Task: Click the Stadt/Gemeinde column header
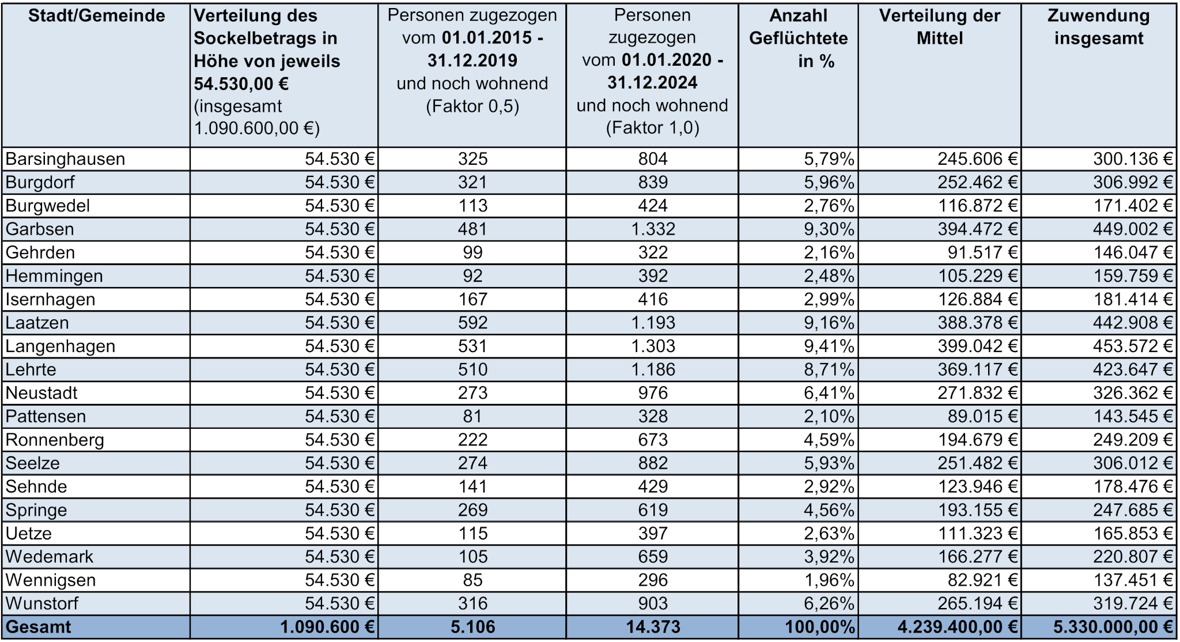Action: [x=96, y=16]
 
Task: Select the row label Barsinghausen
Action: [x=65, y=159]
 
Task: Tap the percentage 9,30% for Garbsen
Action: [x=829, y=229]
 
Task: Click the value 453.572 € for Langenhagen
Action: [x=1133, y=346]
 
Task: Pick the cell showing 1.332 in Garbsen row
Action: [x=653, y=229]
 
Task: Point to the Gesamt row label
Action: [x=38, y=627]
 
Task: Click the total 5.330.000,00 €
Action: [x=1113, y=627]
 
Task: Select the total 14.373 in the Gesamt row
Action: [x=653, y=627]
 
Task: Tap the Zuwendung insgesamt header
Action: [x=1098, y=27]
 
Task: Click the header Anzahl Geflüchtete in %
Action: [x=798, y=38]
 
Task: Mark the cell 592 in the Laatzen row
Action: [x=472, y=323]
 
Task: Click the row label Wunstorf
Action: [x=41, y=603]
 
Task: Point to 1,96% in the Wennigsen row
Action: [x=829, y=580]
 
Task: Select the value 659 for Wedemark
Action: [x=653, y=557]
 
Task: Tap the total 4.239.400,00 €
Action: [x=957, y=627]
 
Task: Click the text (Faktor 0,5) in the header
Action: [x=472, y=107]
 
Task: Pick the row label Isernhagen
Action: [x=50, y=300]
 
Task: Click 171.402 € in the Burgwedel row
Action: [x=1133, y=206]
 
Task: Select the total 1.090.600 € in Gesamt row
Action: [x=327, y=627]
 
